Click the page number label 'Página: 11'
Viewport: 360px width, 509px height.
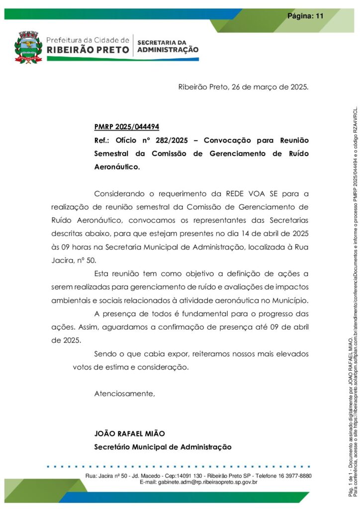pyautogui.click(x=305, y=16)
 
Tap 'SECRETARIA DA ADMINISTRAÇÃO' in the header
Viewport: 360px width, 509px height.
pyautogui.click(x=168, y=46)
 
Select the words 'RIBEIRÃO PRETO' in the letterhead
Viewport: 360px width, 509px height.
pyautogui.click(x=88, y=50)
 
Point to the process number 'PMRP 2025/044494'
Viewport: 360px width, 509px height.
pyautogui.click(x=127, y=127)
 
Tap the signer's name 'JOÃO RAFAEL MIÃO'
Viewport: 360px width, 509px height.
pyautogui.click(x=130, y=433)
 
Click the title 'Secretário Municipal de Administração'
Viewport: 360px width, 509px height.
pyautogui.click(x=163, y=447)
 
